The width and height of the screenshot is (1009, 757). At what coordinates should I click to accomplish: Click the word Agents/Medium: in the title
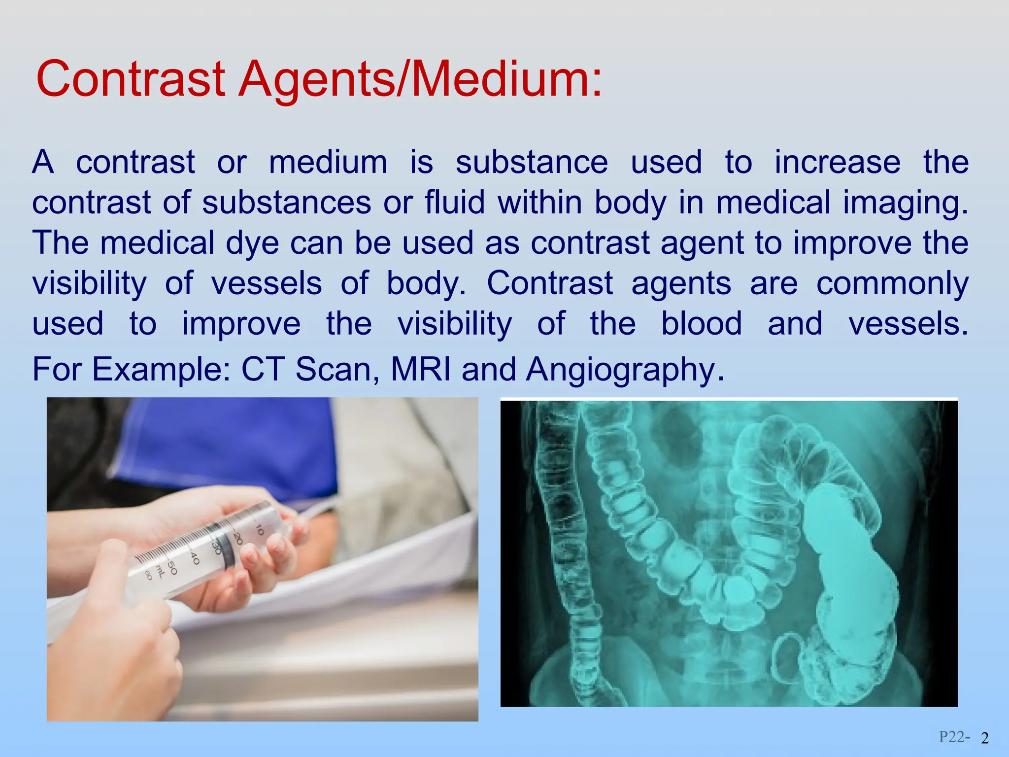click(x=420, y=79)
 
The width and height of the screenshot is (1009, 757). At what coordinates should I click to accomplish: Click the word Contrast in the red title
click(x=131, y=79)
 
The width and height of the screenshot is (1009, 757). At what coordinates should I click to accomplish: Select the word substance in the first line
click(x=532, y=162)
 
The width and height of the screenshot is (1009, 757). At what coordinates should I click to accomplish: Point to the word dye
click(x=252, y=243)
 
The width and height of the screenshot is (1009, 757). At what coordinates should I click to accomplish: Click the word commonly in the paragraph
click(x=892, y=284)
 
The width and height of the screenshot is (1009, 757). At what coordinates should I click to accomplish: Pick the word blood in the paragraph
click(x=701, y=324)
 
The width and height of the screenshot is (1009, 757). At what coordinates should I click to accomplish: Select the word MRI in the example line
click(x=421, y=369)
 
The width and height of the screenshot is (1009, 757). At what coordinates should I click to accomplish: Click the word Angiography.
click(x=625, y=370)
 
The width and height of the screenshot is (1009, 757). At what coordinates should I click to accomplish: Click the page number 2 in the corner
click(x=985, y=738)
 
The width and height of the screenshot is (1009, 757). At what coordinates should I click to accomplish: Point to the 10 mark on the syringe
click(x=259, y=529)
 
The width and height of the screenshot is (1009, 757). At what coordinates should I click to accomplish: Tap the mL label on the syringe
click(x=160, y=571)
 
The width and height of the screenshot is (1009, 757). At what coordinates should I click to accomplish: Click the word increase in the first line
click(x=837, y=162)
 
